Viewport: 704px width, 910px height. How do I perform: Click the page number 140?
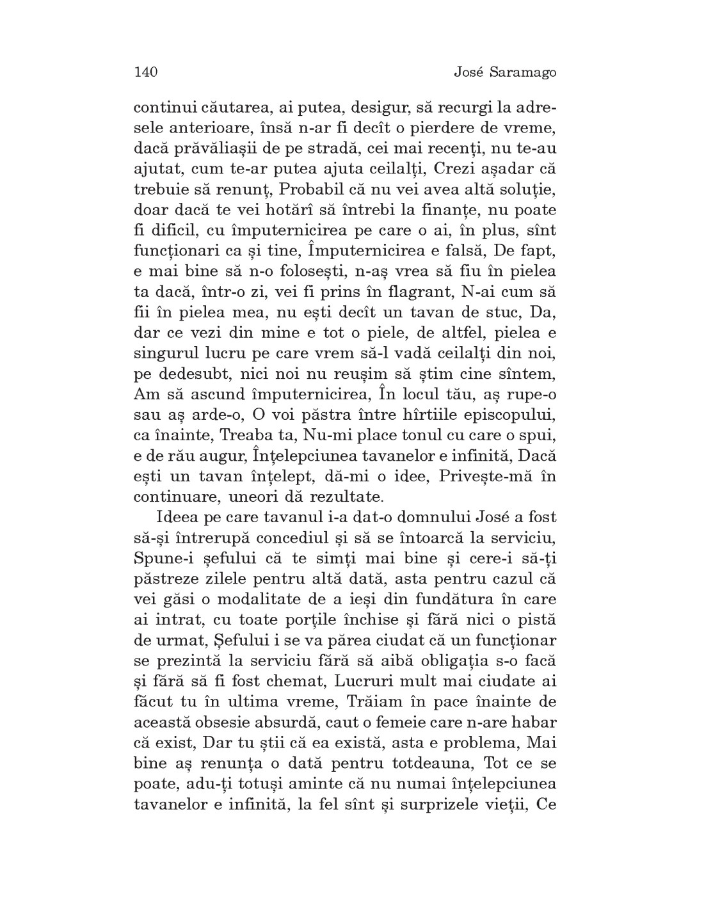coord(146,72)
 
